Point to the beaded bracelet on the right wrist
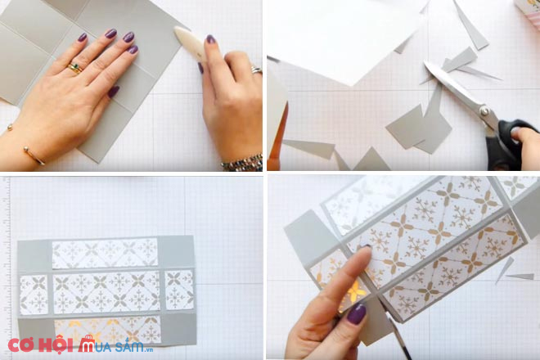(x=242, y=163)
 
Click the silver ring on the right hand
(x=256, y=70)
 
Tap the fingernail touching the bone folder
(x=210, y=39)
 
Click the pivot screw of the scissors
(x=485, y=111)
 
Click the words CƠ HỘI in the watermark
(x=40, y=344)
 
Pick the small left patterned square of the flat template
(x=34, y=295)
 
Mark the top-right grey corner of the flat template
(x=177, y=252)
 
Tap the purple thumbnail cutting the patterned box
(x=356, y=313)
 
